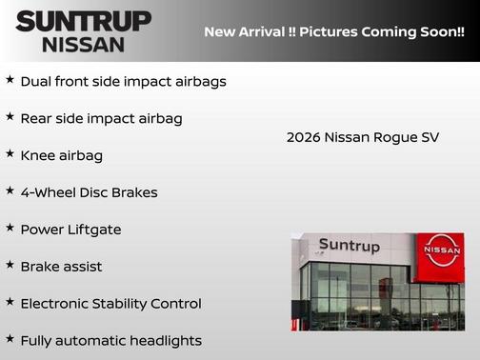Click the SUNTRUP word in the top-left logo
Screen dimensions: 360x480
[83, 20]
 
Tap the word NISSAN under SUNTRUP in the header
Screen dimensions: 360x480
[83, 44]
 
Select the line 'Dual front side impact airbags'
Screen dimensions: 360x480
[123, 81]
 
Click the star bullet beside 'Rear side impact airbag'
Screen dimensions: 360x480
[10, 117]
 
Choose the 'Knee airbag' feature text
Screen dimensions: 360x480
[61, 155]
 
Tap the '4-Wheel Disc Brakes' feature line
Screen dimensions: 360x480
[89, 192]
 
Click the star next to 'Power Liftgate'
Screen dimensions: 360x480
[10, 229]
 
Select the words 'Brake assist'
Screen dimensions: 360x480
[61, 267]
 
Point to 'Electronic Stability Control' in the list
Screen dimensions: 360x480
[110, 304]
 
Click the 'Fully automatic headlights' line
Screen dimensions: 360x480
[110, 340]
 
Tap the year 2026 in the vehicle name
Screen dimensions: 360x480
[303, 137]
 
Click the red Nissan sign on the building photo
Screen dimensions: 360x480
[439, 255]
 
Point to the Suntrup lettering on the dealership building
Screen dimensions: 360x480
[349, 247]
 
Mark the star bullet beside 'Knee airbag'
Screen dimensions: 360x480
[10, 153]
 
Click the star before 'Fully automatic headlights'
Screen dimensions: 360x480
[10, 338]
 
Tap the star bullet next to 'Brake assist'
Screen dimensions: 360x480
[10, 265]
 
